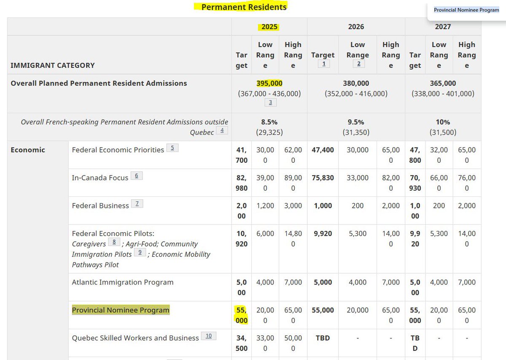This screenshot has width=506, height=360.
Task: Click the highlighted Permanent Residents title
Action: click(x=244, y=7)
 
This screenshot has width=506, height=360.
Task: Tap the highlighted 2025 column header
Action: click(x=269, y=27)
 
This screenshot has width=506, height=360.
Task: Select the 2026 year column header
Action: click(x=356, y=27)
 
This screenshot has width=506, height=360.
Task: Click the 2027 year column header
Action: click(x=443, y=27)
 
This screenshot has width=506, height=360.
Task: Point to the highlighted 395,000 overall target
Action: click(x=269, y=83)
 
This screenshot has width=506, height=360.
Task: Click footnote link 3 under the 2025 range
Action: click(x=269, y=102)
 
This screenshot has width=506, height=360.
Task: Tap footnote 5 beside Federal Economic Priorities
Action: click(x=172, y=148)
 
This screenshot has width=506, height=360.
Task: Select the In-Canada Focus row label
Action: click(x=100, y=177)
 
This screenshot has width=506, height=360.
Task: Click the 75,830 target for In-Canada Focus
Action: click(x=323, y=177)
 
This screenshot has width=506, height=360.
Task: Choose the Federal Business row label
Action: click(x=100, y=205)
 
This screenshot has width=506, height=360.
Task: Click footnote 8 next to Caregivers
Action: click(x=114, y=242)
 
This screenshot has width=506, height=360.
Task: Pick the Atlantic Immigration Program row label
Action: click(x=122, y=282)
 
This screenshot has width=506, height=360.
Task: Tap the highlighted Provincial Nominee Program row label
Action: click(x=121, y=310)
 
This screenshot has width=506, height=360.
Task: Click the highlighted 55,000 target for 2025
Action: click(x=242, y=315)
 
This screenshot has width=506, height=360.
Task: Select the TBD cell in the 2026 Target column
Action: click(x=323, y=338)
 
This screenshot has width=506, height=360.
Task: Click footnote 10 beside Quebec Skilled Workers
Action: click(x=208, y=336)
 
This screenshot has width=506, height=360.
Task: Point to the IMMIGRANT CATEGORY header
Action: click(x=52, y=65)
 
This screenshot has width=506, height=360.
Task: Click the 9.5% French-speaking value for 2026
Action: click(x=356, y=122)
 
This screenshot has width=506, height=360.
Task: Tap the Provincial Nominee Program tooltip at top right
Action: click(x=466, y=10)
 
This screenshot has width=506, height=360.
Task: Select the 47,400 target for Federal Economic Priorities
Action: click(x=323, y=150)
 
